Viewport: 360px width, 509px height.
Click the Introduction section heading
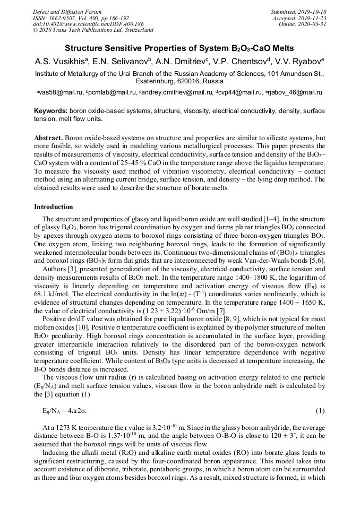(x=54, y=206)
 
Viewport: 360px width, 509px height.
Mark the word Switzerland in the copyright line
(x=137, y=30)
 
